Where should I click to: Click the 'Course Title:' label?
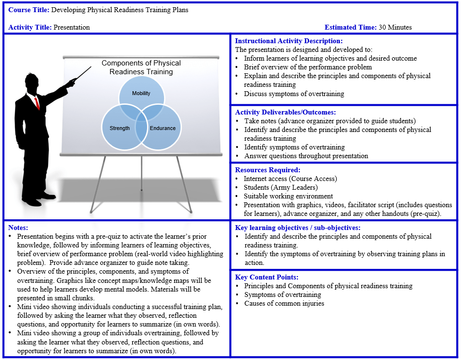29,10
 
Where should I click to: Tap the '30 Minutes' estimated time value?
395,28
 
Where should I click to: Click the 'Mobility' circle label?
141,93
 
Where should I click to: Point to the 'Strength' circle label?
120,128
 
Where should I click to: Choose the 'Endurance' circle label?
163,128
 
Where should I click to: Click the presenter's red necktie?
37,102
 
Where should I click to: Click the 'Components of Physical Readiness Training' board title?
141,67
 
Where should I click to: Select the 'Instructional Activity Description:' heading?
289,41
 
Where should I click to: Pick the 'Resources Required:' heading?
268,170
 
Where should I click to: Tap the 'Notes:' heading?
18,228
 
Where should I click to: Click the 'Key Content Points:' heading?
267,278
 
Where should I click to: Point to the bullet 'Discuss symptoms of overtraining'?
294,94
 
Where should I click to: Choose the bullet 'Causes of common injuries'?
284,304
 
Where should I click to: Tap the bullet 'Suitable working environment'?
288,196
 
